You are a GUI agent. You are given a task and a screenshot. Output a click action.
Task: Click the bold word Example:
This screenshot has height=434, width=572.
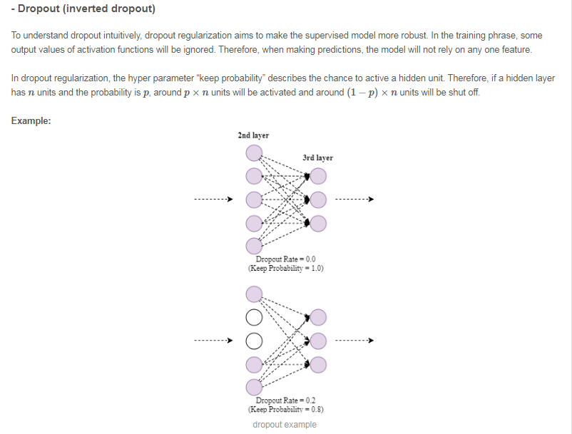pos(31,120)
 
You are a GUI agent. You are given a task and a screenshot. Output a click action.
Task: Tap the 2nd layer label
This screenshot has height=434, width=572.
pos(253,135)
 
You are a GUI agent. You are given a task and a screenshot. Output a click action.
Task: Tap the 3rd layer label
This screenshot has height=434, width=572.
pos(317,157)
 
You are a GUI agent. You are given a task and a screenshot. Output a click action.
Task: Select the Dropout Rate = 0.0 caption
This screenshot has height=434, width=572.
pos(285,259)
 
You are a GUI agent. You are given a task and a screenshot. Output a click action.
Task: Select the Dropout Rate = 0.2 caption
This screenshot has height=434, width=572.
pos(285,401)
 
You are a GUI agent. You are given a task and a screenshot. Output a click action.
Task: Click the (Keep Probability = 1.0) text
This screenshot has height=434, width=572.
pos(285,269)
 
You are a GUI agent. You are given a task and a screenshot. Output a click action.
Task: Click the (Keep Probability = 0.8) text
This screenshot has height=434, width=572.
pos(285,410)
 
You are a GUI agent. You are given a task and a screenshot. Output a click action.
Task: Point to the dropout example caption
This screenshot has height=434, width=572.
pos(285,425)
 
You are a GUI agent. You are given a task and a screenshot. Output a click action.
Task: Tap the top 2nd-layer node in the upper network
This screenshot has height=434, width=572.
pos(254,153)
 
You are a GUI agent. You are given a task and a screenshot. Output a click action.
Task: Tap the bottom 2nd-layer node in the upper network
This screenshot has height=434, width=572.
pos(254,246)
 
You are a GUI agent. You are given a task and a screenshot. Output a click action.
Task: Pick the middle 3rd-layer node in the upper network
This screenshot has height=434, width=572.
pos(318,199)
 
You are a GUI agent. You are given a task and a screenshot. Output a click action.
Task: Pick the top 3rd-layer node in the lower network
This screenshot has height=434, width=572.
pos(318,316)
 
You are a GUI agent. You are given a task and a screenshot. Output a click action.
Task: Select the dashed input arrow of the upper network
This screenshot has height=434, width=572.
pos(213,199)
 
